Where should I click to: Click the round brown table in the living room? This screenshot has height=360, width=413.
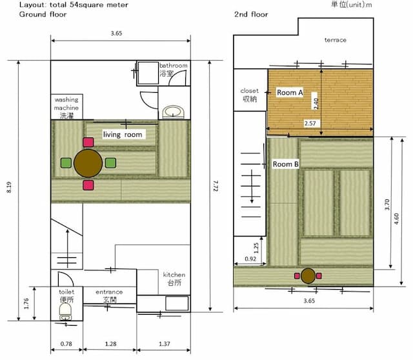pos(88,163)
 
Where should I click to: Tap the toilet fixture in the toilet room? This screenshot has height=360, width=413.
pos(66,312)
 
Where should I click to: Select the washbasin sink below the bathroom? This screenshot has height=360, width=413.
pos(173,112)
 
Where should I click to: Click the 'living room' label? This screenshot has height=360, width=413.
pos(123,135)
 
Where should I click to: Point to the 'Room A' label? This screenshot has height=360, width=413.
pos(290,92)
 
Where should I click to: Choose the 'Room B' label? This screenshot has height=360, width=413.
pos(286,164)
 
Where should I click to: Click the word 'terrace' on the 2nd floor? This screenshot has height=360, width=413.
pos(336,40)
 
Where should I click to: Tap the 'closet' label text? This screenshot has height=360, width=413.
pos(250,91)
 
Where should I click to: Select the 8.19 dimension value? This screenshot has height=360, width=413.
pos(9,187)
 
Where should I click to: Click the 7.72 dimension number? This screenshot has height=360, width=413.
pos(216,186)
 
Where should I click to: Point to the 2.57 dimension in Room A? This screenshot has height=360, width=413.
pos(310,123)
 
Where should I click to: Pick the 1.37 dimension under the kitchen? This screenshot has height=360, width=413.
pos(165,344)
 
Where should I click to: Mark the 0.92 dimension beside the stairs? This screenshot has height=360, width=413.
pos(250,259)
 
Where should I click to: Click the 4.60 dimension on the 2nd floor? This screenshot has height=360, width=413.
pos(397,219)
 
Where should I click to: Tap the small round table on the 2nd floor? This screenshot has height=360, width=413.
pos(308,276)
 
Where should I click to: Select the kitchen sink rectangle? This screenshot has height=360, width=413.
pos(177,303)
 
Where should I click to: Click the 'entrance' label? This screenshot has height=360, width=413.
pos(109,292)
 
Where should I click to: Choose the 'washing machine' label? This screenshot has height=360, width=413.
pos(66,104)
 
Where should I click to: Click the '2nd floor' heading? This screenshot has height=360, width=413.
pos(251,14)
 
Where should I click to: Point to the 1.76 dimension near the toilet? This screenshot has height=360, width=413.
pos(26,304)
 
